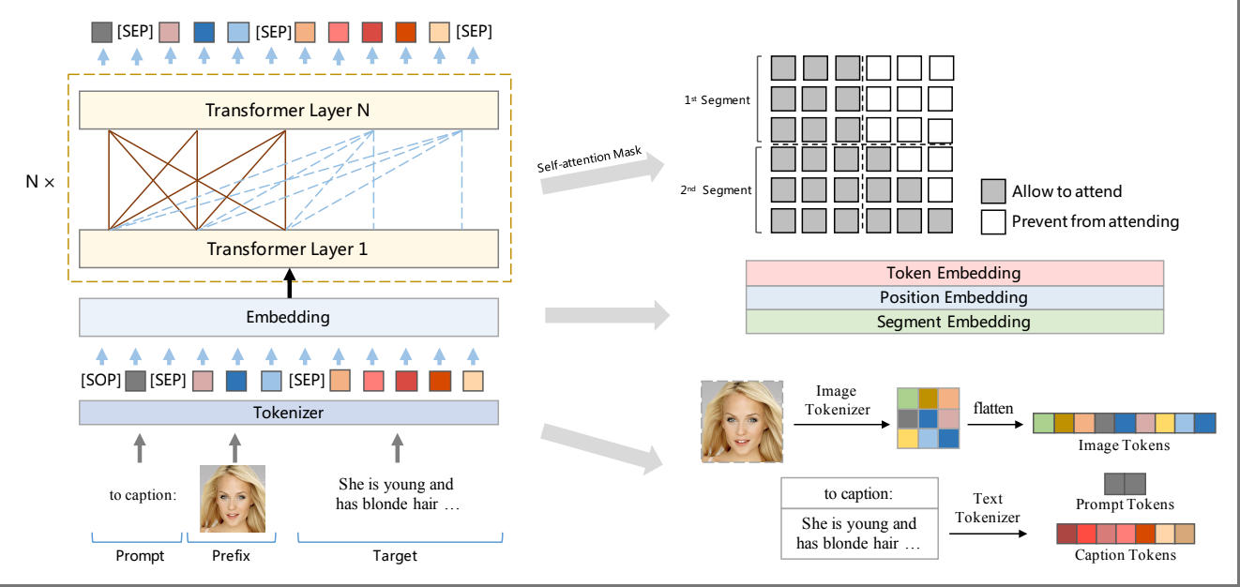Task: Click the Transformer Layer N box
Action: pos(288,111)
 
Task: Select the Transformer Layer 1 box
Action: pos(288,248)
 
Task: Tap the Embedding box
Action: pos(288,317)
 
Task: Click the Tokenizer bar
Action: pos(288,413)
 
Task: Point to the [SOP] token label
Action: pos(99,381)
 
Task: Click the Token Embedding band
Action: pos(954,274)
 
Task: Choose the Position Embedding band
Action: pos(954,298)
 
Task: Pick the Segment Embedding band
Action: pos(954,322)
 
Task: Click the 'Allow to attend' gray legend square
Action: pos(993,191)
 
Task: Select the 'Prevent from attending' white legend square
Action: pos(993,222)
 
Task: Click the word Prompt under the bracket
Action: pos(140,556)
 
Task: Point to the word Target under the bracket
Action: pos(394,556)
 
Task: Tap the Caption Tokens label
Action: pos(1125,555)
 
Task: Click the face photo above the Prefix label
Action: pos(233,499)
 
